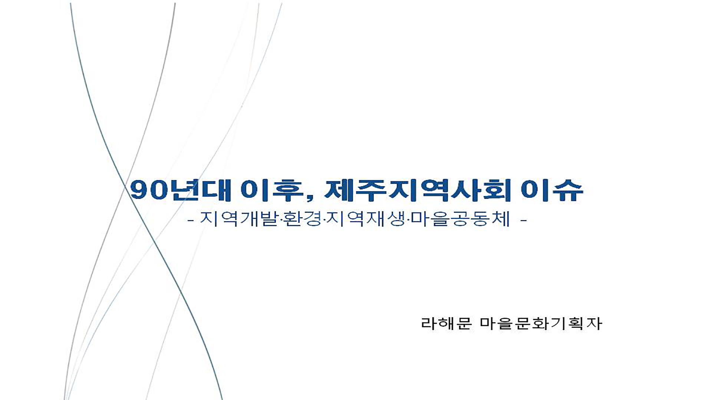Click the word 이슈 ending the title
point(552,190)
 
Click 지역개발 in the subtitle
point(239,219)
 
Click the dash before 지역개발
point(191,221)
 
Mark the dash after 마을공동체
point(524,221)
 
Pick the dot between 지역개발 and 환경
point(281,220)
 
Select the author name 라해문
point(446,323)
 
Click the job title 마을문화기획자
point(541,323)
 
